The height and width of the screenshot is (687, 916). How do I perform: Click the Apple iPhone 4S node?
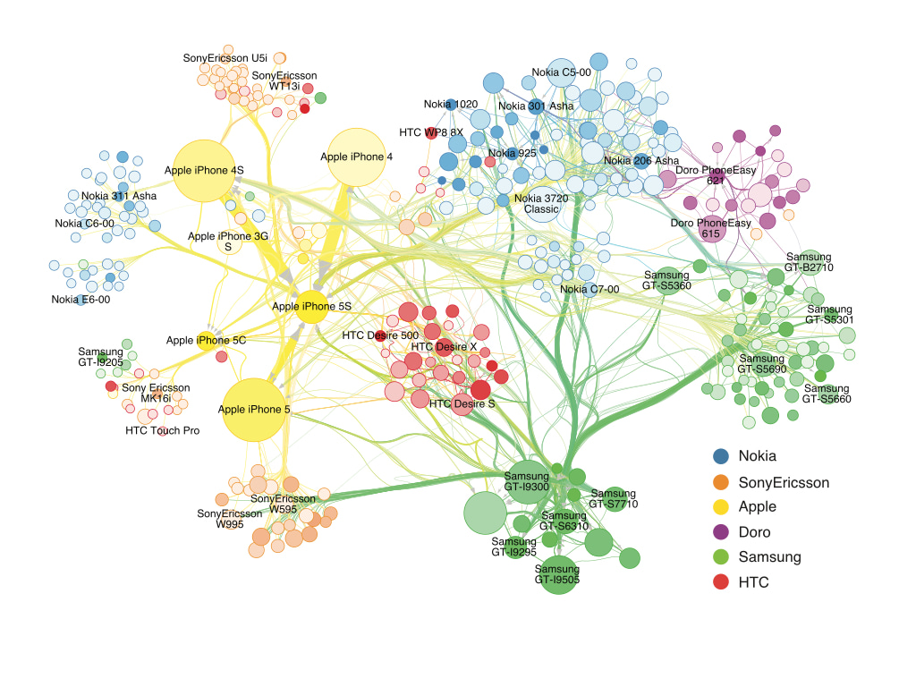tap(204, 171)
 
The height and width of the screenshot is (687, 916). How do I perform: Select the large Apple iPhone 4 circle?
tap(356, 157)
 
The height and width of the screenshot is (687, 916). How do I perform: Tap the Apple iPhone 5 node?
tap(254, 410)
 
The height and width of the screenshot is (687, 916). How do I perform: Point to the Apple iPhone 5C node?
tap(207, 341)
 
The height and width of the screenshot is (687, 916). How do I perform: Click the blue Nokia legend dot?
tap(721, 456)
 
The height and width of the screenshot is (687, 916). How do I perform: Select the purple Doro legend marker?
tap(721, 531)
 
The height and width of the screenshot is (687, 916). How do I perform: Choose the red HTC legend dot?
tap(721, 581)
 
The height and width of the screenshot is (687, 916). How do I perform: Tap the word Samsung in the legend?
tap(769, 557)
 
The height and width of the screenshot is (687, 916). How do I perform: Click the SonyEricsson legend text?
tap(784, 482)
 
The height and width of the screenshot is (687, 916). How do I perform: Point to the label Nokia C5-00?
tap(561, 72)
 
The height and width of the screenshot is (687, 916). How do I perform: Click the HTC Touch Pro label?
tap(163, 430)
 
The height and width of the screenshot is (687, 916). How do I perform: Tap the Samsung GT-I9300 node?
tap(528, 481)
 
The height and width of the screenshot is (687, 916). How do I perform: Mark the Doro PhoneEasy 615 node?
tap(712, 228)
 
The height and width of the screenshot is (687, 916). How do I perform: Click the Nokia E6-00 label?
tap(81, 300)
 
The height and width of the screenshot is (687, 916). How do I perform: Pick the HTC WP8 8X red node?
tap(431, 133)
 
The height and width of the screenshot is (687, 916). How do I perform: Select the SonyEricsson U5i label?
tap(225, 58)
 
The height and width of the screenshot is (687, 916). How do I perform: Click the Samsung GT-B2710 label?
tap(809, 262)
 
